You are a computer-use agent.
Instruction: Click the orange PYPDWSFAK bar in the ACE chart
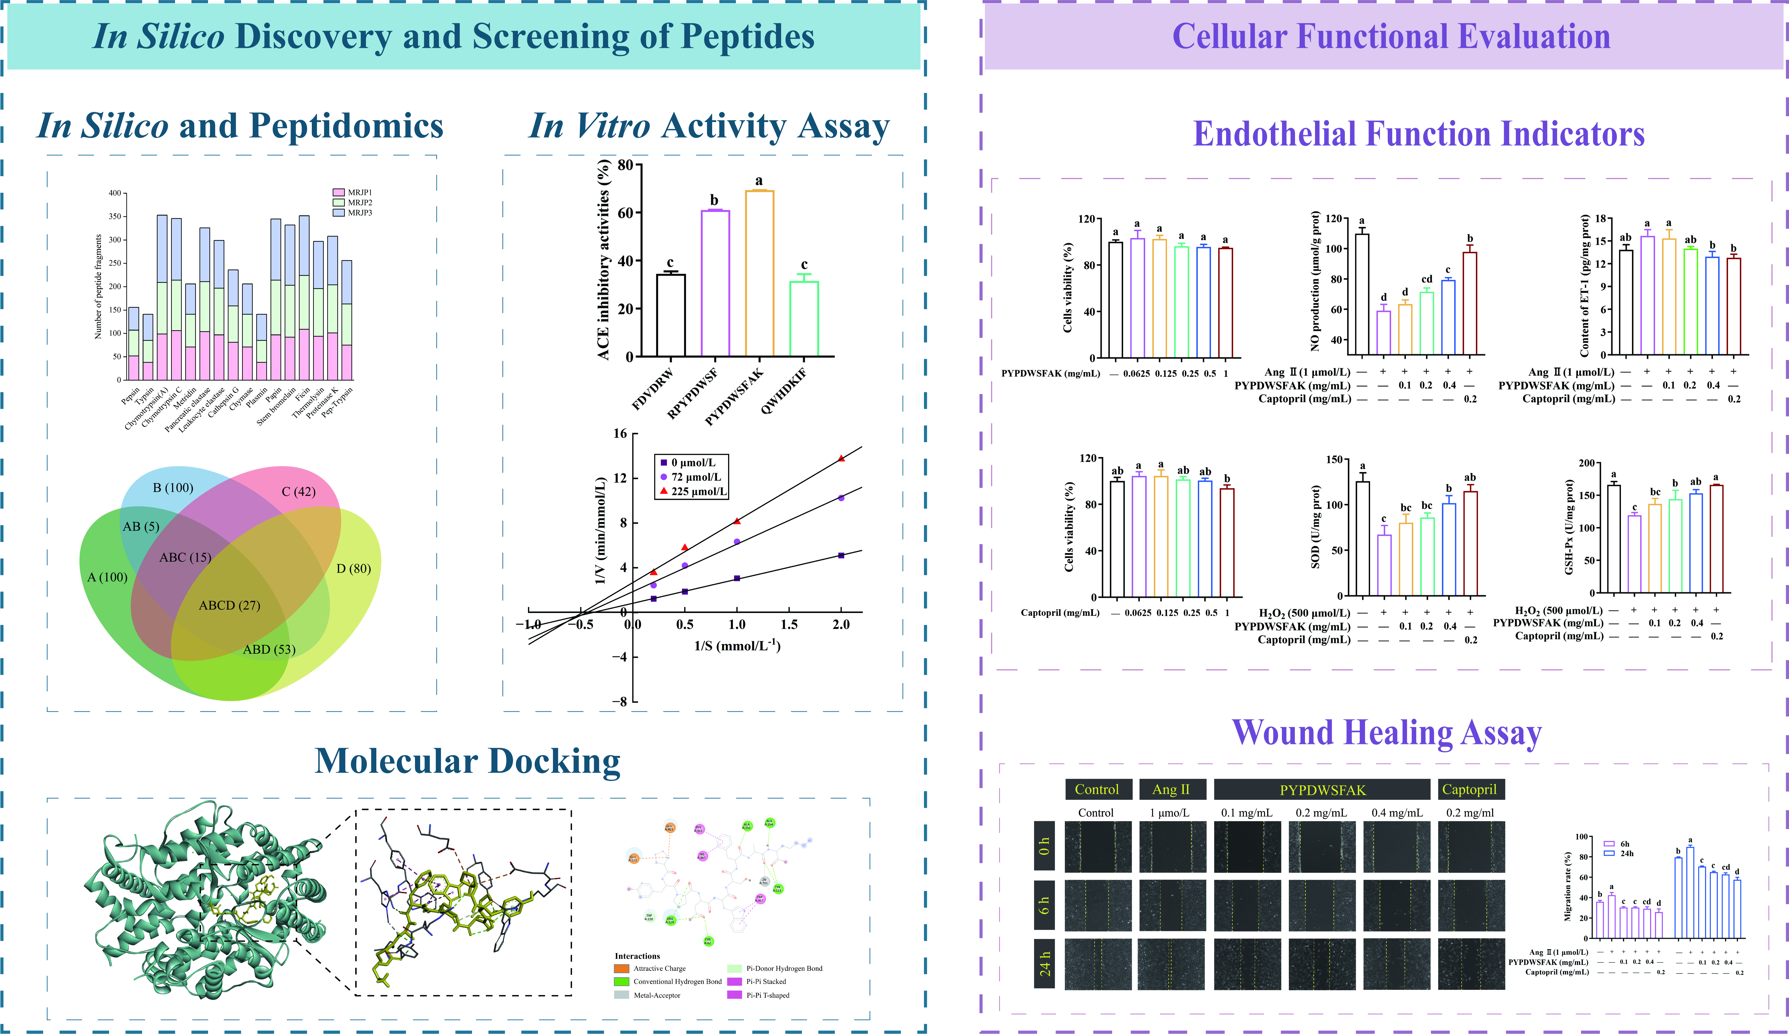(759, 273)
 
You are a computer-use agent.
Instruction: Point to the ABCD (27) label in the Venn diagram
(229, 605)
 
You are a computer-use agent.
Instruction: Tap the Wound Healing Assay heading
(1386, 733)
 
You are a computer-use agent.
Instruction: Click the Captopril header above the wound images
(1469, 789)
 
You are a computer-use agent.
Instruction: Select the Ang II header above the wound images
(1171, 789)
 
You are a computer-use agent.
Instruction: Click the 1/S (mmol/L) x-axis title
(737, 645)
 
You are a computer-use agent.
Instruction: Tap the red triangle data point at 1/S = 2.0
(841, 458)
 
